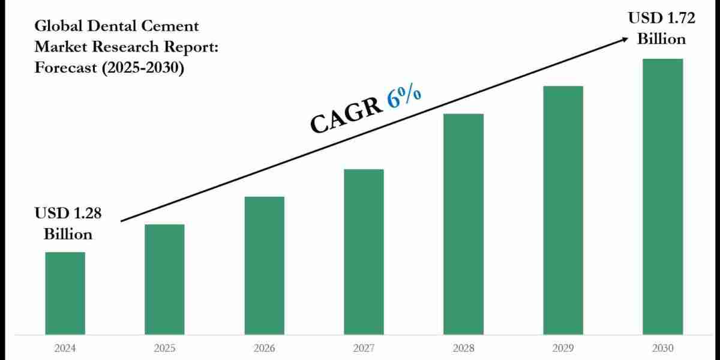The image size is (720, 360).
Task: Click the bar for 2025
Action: coord(164,279)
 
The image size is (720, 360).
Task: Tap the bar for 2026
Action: coord(264,265)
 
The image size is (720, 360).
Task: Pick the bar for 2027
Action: coord(364,251)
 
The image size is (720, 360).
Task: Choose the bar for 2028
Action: coord(463,224)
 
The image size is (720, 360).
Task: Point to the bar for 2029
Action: coord(563,210)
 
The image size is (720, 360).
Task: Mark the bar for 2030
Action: coord(662,196)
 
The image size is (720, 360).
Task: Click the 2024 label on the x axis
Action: coord(65,348)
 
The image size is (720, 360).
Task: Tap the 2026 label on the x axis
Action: coord(264,348)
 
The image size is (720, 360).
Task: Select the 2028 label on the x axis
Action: coord(463,348)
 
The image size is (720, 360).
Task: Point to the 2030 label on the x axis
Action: coord(662,348)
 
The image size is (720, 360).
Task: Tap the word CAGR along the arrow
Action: coord(346,115)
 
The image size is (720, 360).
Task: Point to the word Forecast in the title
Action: coord(61,68)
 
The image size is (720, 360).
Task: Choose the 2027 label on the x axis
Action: coord(364,348)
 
